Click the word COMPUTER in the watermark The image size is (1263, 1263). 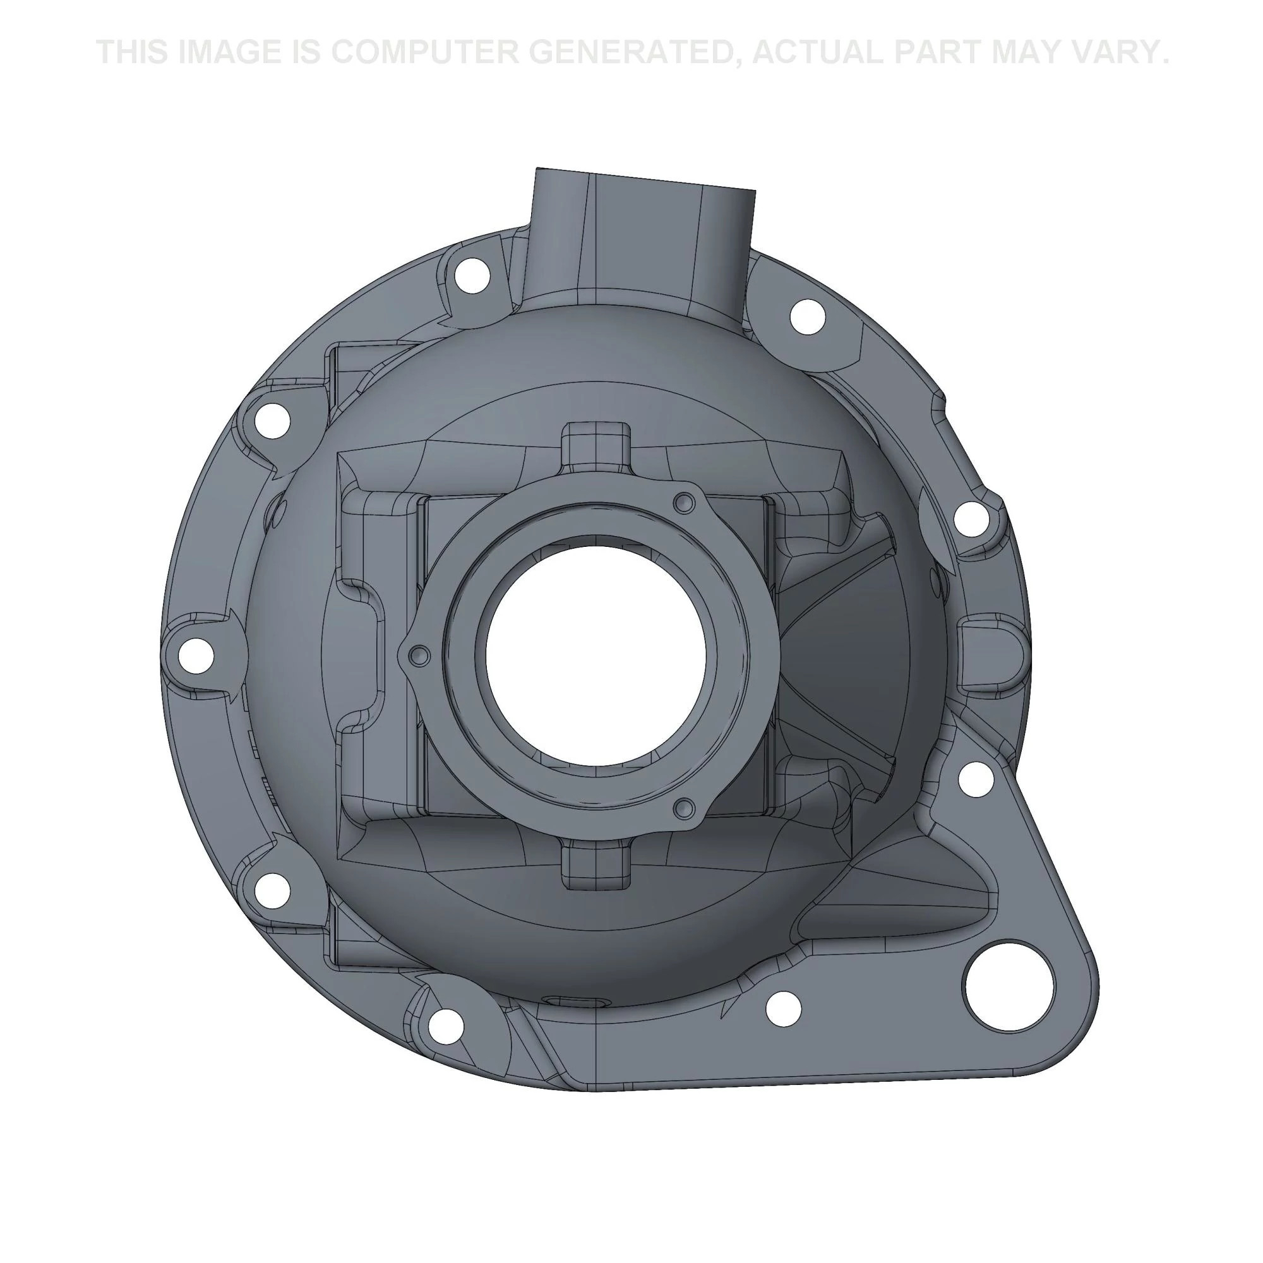tap(423, 53)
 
